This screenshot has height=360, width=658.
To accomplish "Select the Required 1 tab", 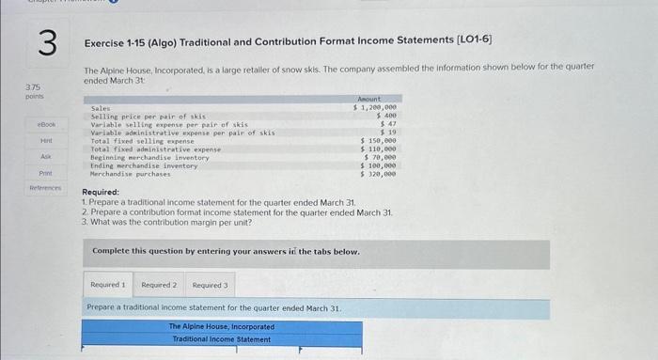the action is click(x=109, y=284).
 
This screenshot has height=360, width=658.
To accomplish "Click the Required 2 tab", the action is click(x=160, y=284).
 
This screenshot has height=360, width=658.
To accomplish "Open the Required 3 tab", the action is click(x=211, y=284).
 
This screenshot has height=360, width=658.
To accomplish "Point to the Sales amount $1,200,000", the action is click(x=375, y=108).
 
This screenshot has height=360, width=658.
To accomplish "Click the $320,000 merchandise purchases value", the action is click(x=379, y=174).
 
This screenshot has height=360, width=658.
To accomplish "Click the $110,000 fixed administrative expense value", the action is click(x=379, y=149).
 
